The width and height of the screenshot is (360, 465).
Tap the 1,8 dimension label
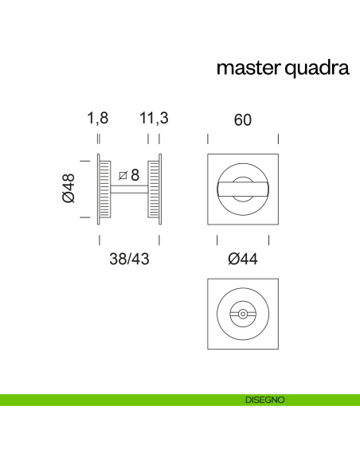(x=97, y=119)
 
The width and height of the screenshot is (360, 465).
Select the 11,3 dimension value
(x=154, y=119)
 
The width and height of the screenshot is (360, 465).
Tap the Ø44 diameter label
(x=243, y=259)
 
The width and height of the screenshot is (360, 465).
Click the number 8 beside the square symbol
(x=135, y=175)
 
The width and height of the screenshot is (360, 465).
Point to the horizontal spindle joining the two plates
(x=127, y=189)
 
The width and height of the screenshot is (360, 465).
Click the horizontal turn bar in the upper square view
(x=243, y=189)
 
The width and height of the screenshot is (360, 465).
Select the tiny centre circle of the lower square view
(x=243, y=314)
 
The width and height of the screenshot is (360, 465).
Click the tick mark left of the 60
(x=208, y=139)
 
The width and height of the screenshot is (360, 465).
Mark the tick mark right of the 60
(x=278, y=139)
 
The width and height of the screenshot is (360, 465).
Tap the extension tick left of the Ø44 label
(x=217, y=240)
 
